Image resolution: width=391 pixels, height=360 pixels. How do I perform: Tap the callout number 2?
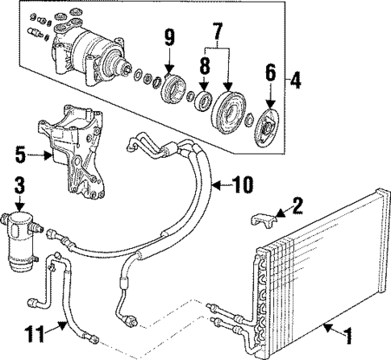(297, 205)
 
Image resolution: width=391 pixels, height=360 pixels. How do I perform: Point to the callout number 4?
(297, 81)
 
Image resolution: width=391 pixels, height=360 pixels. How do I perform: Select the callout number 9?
(169, 36)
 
